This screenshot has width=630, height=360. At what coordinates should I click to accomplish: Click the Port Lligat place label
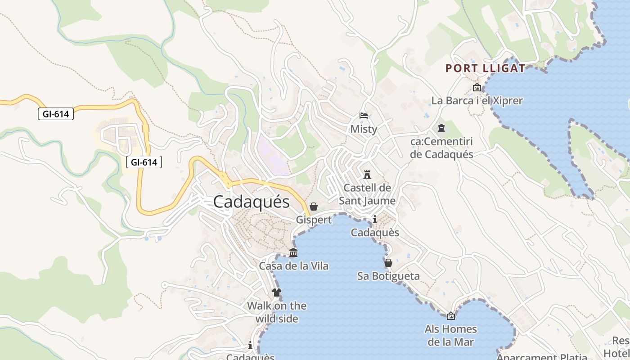(485, 68)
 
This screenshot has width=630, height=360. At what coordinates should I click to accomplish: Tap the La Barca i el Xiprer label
(477, 100)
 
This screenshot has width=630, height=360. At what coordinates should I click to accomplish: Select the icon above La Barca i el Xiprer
(477, 87)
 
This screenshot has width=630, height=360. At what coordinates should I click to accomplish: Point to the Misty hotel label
(364, 129)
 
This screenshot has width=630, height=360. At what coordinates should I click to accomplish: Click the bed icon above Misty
(364, 116)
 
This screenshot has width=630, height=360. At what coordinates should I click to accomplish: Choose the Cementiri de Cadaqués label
(441, 148)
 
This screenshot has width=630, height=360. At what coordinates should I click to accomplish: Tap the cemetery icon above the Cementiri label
(441, 128)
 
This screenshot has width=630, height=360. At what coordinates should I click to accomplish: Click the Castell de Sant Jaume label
(367, 194)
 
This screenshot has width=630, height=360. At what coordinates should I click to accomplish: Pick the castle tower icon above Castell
(367, 174)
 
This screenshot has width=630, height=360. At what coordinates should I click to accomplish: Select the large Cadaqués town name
(251, 202)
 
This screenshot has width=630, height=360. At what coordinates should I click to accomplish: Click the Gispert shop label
(314, 220)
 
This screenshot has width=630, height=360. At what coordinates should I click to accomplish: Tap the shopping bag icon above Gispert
(314, 207)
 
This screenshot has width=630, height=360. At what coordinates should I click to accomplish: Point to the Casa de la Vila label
(293, 266)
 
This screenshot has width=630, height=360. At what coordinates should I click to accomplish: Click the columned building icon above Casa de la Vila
(293, 252)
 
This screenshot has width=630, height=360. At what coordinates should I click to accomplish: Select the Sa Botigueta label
(388, 276)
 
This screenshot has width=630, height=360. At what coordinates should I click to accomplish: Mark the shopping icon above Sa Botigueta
(388, 262)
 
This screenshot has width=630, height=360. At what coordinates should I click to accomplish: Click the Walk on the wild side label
(277, 312)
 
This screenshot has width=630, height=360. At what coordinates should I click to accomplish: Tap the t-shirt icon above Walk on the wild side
(277, 292)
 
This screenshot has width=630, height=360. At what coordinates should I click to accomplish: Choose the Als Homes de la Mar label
(450, 335)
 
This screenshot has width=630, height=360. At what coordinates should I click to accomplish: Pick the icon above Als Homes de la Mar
(450, 316)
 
